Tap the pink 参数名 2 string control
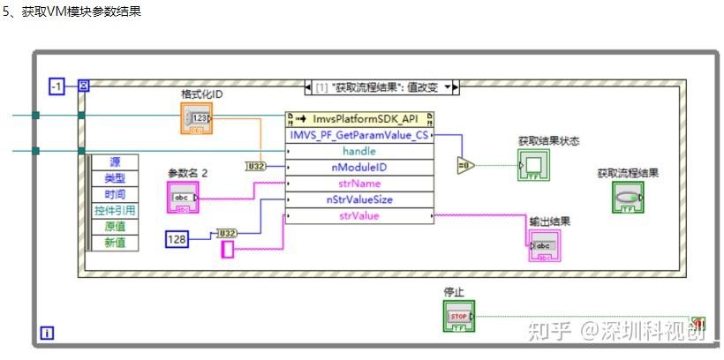pyautogui.click(x=184, y=197)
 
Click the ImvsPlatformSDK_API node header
pyautogui.click(x=359, y=119)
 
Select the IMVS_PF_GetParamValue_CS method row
pyautogui.click(x=359, y=135)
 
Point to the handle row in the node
pyautogui.click(x=359, y=151)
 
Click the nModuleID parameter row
pyautogui.click(x=359, y=167)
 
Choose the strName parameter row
pyautogui.click(x=359, y=184)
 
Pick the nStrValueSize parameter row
pyautogui.click(x=359, y=199)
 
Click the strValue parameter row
pyautogui.click(x=359, y=215)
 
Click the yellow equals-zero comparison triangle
pyautogui.click(x=465, y=165)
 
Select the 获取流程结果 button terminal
pyautogui.click(x=628, y=197)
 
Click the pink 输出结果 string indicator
pyautogui.click(x=544, y=246)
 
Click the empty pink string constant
pyautogui.click(x=227, y=250)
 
